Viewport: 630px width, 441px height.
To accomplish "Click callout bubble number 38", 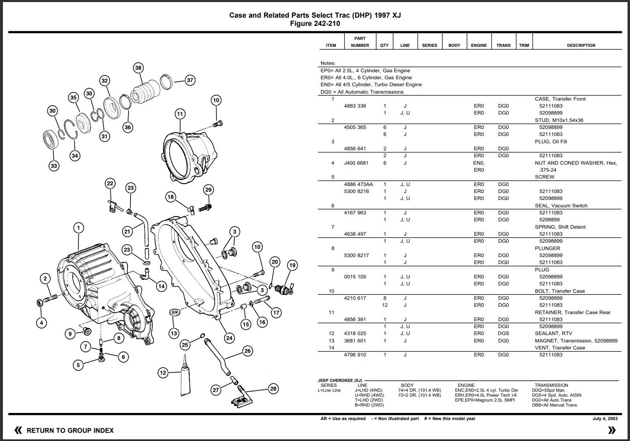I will coord(138,68).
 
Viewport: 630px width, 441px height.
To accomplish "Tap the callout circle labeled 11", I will coord(180,114).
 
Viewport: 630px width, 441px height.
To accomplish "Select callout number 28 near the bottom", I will coord(273,388).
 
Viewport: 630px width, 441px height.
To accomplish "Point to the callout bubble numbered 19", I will coord(292,265).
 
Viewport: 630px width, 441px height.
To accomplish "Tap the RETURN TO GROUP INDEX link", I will coord(70,430).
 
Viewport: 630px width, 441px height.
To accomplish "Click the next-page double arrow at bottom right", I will coord(612,430).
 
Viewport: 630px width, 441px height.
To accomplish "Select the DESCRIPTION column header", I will coord(581,45).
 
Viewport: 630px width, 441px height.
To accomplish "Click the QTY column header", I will coord(384,45).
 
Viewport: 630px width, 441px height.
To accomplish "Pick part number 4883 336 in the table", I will coord(355,106).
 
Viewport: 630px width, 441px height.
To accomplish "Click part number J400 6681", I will coord(356,163).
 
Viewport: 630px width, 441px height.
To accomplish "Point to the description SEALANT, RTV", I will coord(553,333).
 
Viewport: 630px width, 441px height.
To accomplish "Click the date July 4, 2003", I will coord(605,419).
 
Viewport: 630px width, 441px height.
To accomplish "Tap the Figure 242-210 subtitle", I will coord(315,24).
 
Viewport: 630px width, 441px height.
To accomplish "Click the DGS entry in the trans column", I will coord(503,333).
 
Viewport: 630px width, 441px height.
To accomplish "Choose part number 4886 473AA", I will coord(358,184).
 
